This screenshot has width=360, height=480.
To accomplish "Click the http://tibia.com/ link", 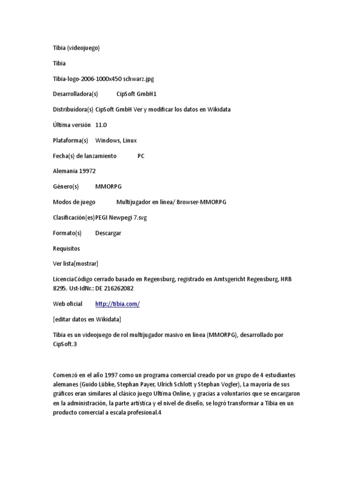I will coord(117,304).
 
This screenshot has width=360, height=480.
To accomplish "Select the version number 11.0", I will coord(101,125).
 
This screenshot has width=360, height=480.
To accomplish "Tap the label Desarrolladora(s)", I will coord(75,94).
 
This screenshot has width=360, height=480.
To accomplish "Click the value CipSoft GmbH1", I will coord(136,94).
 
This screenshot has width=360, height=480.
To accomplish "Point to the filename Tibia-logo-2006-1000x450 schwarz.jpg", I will coord(104,79).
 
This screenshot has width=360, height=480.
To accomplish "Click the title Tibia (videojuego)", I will coord(76,48).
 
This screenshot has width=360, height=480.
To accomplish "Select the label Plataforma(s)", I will coord(70,140).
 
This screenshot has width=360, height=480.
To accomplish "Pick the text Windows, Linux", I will coord(116,140).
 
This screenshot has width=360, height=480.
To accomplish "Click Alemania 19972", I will coord(75,171).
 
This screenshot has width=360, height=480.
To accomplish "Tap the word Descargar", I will coord(108,233).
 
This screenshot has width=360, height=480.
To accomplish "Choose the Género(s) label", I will coord(66,187).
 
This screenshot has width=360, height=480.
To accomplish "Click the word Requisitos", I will coord(67,248).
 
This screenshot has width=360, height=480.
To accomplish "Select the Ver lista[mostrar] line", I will coord(76,263).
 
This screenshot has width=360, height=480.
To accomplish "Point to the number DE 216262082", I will coord(114,288).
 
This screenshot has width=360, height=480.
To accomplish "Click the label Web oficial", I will coord(67,304).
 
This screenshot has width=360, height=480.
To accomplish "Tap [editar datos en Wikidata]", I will coord(87,319).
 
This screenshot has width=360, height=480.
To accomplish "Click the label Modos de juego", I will coord(74,202).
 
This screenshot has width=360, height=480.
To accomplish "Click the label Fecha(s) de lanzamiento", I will coord(84,156).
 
